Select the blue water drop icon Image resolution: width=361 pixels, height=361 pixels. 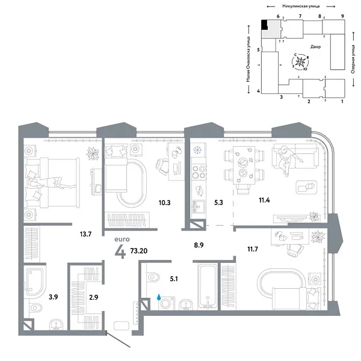[159, 297]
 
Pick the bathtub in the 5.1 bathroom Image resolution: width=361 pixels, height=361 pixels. [208, 283]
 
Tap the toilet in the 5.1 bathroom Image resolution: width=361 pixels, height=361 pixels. [152, 277]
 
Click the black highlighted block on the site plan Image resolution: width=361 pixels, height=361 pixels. [264, 25]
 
